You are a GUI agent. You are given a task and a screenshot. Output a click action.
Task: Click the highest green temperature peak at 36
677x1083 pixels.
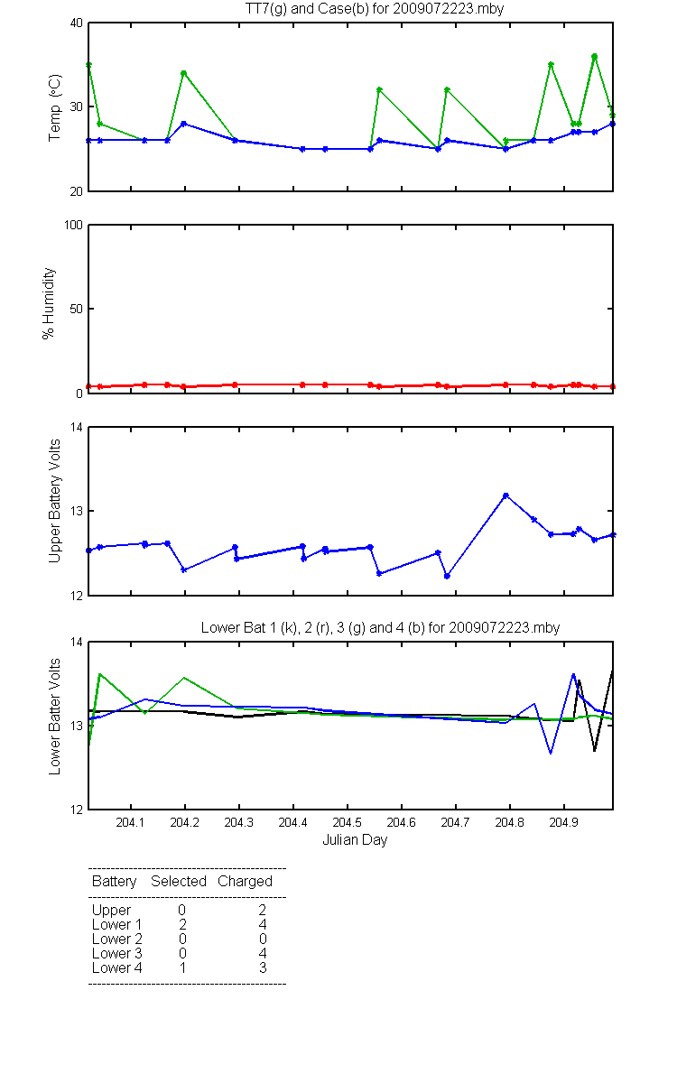(594, 57)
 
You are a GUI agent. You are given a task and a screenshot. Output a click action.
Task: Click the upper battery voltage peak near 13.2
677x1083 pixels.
(505, 495)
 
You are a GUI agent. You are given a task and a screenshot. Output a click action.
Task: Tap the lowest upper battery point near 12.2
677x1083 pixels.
(447, 576)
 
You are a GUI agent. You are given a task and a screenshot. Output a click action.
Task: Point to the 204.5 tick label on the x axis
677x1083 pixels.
(347, 822)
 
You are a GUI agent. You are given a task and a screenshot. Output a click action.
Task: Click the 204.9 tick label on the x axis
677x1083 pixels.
(563, 822)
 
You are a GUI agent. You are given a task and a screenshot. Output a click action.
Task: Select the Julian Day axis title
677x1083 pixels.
(355, 840)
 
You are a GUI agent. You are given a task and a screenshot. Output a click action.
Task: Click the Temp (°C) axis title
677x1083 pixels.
(55, 107)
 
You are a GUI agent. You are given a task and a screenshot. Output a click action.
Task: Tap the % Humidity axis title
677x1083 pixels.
(49, 303)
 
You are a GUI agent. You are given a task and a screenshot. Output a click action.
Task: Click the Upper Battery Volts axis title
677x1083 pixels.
(55, 501)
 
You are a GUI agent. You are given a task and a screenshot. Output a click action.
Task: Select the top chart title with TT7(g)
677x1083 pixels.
(375, 9)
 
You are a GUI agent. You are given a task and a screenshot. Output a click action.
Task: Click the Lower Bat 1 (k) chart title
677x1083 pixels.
(380, 627)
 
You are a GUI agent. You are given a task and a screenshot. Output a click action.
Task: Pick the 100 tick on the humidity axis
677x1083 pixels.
(73, 225)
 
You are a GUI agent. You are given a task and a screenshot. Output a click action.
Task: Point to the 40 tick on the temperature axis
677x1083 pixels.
(77, 23)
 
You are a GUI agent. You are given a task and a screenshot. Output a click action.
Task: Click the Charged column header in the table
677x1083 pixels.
(245, 882)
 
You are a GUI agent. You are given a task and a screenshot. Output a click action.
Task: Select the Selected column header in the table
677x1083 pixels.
(179, 881)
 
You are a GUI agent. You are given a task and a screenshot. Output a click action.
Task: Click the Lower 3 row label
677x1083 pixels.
(117, 953)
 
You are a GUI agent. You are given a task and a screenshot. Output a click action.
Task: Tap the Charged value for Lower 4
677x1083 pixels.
(263, 967)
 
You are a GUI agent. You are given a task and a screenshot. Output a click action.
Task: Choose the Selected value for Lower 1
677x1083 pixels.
(182, 924)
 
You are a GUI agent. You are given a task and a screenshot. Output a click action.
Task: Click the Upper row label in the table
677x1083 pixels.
(111, 911)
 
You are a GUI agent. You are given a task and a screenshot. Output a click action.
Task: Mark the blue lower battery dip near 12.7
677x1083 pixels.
(551, 753)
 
